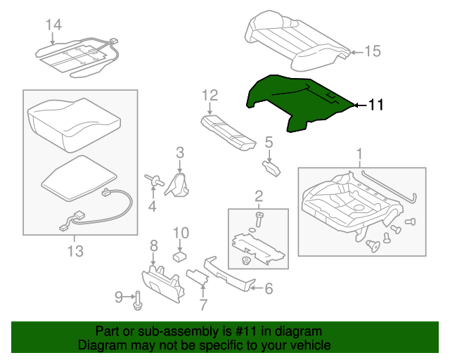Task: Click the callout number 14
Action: click(x=53, y=25)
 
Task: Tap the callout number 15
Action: click(x=372, y=51)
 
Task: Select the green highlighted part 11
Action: click(x=295, y=102)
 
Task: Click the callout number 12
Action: click(x=210, y=95)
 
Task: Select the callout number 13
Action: click(x=75, y=250)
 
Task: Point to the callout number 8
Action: click(x=153, y=245)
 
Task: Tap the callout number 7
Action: click(x=202, y=304)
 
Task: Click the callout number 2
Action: click(x=258, y=195)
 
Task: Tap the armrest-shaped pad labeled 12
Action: click(x=229, y=132)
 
